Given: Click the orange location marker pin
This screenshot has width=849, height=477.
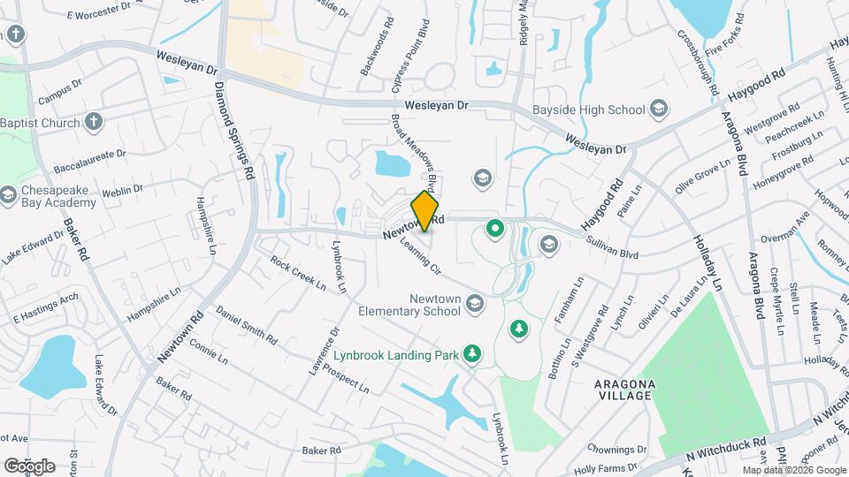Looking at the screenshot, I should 425,211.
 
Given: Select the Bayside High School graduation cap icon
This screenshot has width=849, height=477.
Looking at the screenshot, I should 658,110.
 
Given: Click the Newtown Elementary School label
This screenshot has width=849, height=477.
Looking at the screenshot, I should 409,305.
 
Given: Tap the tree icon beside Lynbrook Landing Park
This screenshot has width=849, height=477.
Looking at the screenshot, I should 473,354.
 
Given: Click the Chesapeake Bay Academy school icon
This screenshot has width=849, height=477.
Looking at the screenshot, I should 8,194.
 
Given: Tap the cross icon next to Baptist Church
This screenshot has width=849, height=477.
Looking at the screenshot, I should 94,122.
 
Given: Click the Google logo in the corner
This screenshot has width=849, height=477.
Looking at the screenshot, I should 28,466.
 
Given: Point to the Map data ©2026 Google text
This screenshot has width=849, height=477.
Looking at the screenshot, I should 794,470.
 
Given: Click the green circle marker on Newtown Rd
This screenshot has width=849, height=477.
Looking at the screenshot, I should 495,231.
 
